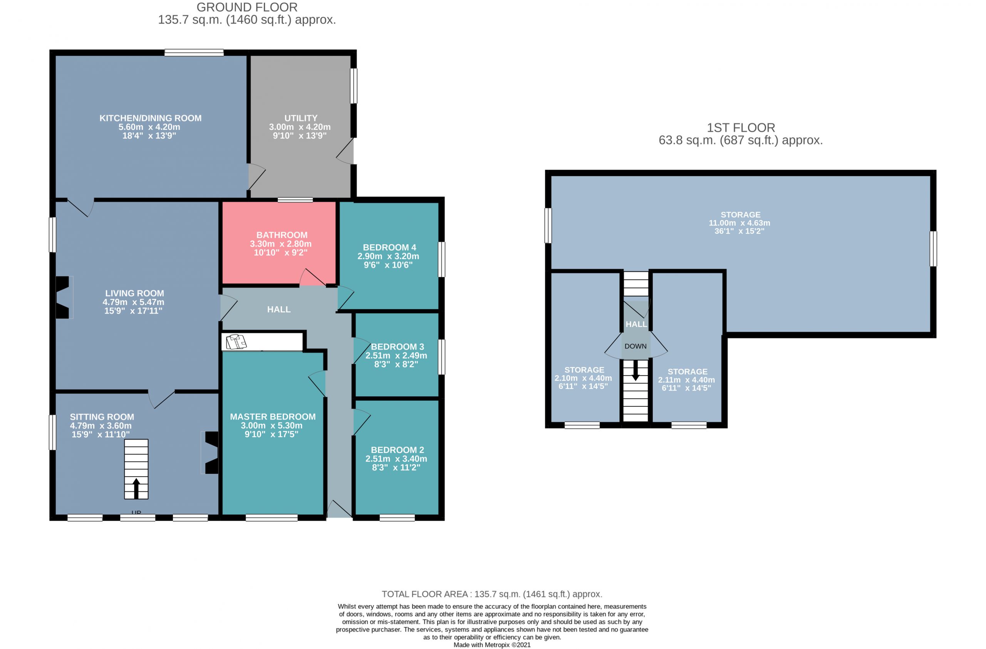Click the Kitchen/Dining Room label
pyautogui.click(x=150, y=118)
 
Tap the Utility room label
pyautogui.click(x=301, y=118)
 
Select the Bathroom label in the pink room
pyautogui.click(x=282, y=235)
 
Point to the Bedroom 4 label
pyautogui.click(x=389, y=248)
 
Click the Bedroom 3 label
pyautogui.click(x=397, y=347)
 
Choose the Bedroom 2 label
pyautogui.click(x=397, y=450)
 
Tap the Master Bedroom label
pyautogui.click(x=273, y=417)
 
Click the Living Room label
pyautogui.click(x=134, y=293)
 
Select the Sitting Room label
pyautogui.click(x=102, y=417)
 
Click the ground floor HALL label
pyautogui.click(x=279, y=310)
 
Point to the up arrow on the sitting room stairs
pyautogui.click(x=136, y=488)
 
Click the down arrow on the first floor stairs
pyautogui.click(x=635, y=370)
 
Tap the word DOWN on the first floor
pyautogui.click(x=636, y=346)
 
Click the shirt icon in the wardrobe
pyautogui.click(x=236, y=342)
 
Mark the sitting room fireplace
pyautogui.click(x=211, y=452)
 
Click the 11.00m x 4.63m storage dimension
pyautogui.click(x=739, y=223)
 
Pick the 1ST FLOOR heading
pyautogui.click(x=741, y=128)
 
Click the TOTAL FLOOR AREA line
pyautogui.click(x=492, y=594)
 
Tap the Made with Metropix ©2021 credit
pyautogui.click(x=492, y=645)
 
